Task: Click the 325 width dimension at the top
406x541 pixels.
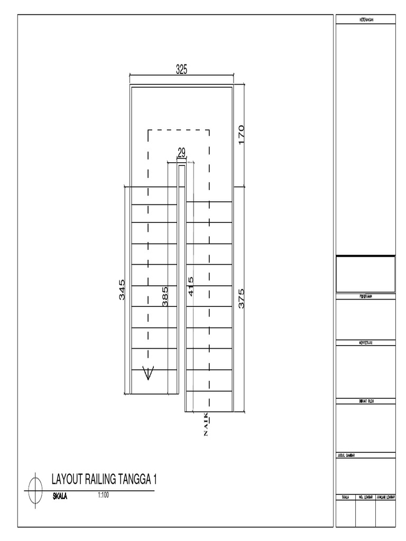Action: tap(182, 69)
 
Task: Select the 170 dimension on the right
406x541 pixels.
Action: tap(242, 135)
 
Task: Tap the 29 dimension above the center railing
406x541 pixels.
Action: tap(181, 153)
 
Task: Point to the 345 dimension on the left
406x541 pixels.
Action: tap(122, 290)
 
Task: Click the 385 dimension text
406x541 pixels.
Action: tap(165, 297)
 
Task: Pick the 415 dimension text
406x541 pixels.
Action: tap(190, 286)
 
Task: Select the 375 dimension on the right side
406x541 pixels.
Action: tap(242, 299)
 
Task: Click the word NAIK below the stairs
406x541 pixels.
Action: tap(206, 425)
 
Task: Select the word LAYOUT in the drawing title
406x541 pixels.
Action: tap(67, 480)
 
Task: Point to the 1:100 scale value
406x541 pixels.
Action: tap(103, 496)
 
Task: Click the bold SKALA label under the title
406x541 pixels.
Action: tap(60, 497)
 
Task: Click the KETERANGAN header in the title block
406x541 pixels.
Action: tap(366, 20)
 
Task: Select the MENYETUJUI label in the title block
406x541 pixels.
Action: tap(366, 343)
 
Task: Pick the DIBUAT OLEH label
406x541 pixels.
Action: tap(366, 402)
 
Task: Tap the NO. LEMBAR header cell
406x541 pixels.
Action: tap(366, 497)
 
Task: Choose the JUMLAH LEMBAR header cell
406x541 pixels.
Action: tap(385, 497)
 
